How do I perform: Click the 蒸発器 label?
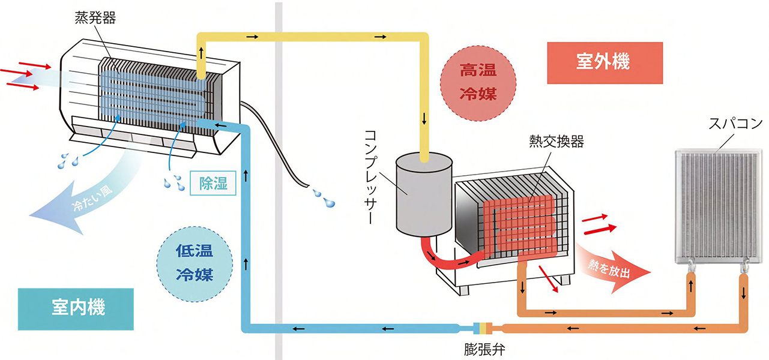click(95, 17)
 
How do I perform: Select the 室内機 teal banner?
click(75, 308)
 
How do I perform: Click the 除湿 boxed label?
click(213, 184)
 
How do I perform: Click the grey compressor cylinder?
click(424, 195)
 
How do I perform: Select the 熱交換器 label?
click(556, 142)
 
